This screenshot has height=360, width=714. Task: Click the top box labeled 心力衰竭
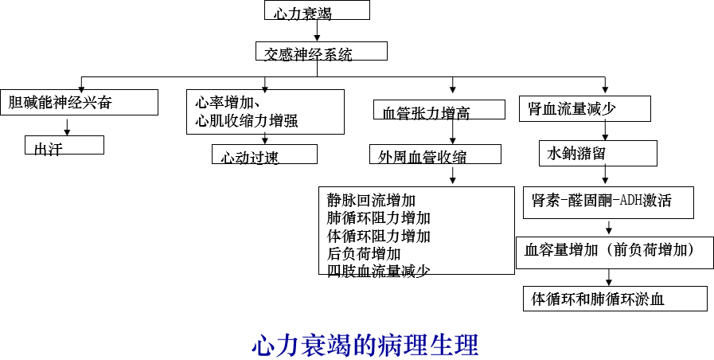[x=317, y=10]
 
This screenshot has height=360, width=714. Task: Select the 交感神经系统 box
[x=322, y=51]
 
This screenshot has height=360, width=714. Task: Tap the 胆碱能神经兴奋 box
[x=80, y=102]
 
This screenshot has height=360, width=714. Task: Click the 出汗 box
[x=64, y=145]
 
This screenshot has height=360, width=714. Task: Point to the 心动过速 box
[x=264, y=154]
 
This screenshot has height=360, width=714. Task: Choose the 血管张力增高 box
[x=439, y=109]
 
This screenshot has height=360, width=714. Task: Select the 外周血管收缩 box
[x=435, y=154]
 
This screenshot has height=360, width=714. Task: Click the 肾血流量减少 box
[x=585, y=108]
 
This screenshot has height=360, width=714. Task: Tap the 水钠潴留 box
[x=598, y=153]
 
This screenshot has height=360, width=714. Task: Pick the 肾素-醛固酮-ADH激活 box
[x=608, y=202]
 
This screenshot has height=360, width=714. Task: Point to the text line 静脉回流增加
[x=371, y=200]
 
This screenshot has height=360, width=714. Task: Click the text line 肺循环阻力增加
[x=378, y=217]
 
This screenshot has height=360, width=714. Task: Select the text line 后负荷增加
[x=364, y=253]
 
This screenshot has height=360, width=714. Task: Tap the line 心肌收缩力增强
[x=246, y=122]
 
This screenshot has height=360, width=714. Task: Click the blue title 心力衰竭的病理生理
[x=365, y=345]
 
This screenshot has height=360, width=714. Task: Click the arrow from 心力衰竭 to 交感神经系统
[x=317, y=30]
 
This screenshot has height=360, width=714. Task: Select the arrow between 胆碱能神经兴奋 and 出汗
[x=68, y=127]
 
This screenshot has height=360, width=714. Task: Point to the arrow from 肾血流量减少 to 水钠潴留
[x=605, y=131]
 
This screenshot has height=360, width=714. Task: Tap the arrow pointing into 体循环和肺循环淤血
[x=609, y=277]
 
